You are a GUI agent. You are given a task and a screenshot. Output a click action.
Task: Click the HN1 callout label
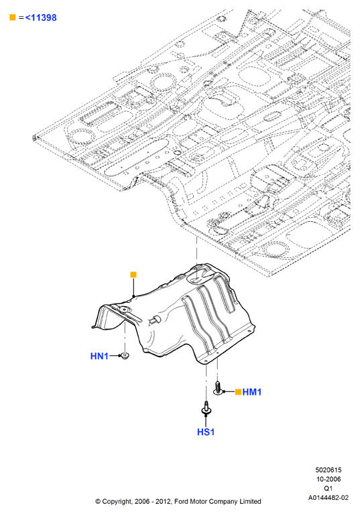pos(99,356)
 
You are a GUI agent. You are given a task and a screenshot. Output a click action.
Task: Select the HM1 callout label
pos(252,392)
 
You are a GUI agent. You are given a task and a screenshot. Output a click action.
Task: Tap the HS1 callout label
pos(206,432)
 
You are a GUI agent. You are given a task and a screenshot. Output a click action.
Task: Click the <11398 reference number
pos(41,17)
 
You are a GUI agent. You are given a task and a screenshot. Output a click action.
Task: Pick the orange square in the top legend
pos(13,17)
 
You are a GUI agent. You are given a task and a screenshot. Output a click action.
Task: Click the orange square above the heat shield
pos(133,275)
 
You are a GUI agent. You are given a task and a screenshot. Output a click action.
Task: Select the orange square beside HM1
pos(238,391)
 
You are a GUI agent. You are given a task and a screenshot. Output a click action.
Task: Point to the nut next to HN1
pos(125,356)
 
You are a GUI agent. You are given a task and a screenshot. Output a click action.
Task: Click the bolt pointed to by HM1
pos(217,387)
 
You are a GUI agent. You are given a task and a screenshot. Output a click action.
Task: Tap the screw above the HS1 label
pos(206,407)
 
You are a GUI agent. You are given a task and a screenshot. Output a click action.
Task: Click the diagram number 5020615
pos(328,470)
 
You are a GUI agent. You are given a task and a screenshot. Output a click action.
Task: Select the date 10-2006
pos(328,479)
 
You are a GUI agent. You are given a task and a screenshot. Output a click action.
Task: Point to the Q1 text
pos(328,489)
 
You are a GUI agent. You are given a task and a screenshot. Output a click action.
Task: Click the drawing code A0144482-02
pos(328,497)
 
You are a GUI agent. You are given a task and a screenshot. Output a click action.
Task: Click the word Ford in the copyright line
pos(180,501)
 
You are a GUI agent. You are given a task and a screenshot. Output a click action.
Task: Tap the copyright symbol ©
pos(98,501)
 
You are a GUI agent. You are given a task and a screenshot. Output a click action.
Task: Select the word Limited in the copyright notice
pos(250,501)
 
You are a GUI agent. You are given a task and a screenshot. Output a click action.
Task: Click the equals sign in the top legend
pos(21,17)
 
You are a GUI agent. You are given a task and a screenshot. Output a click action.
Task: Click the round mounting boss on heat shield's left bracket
pos(124,310)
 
